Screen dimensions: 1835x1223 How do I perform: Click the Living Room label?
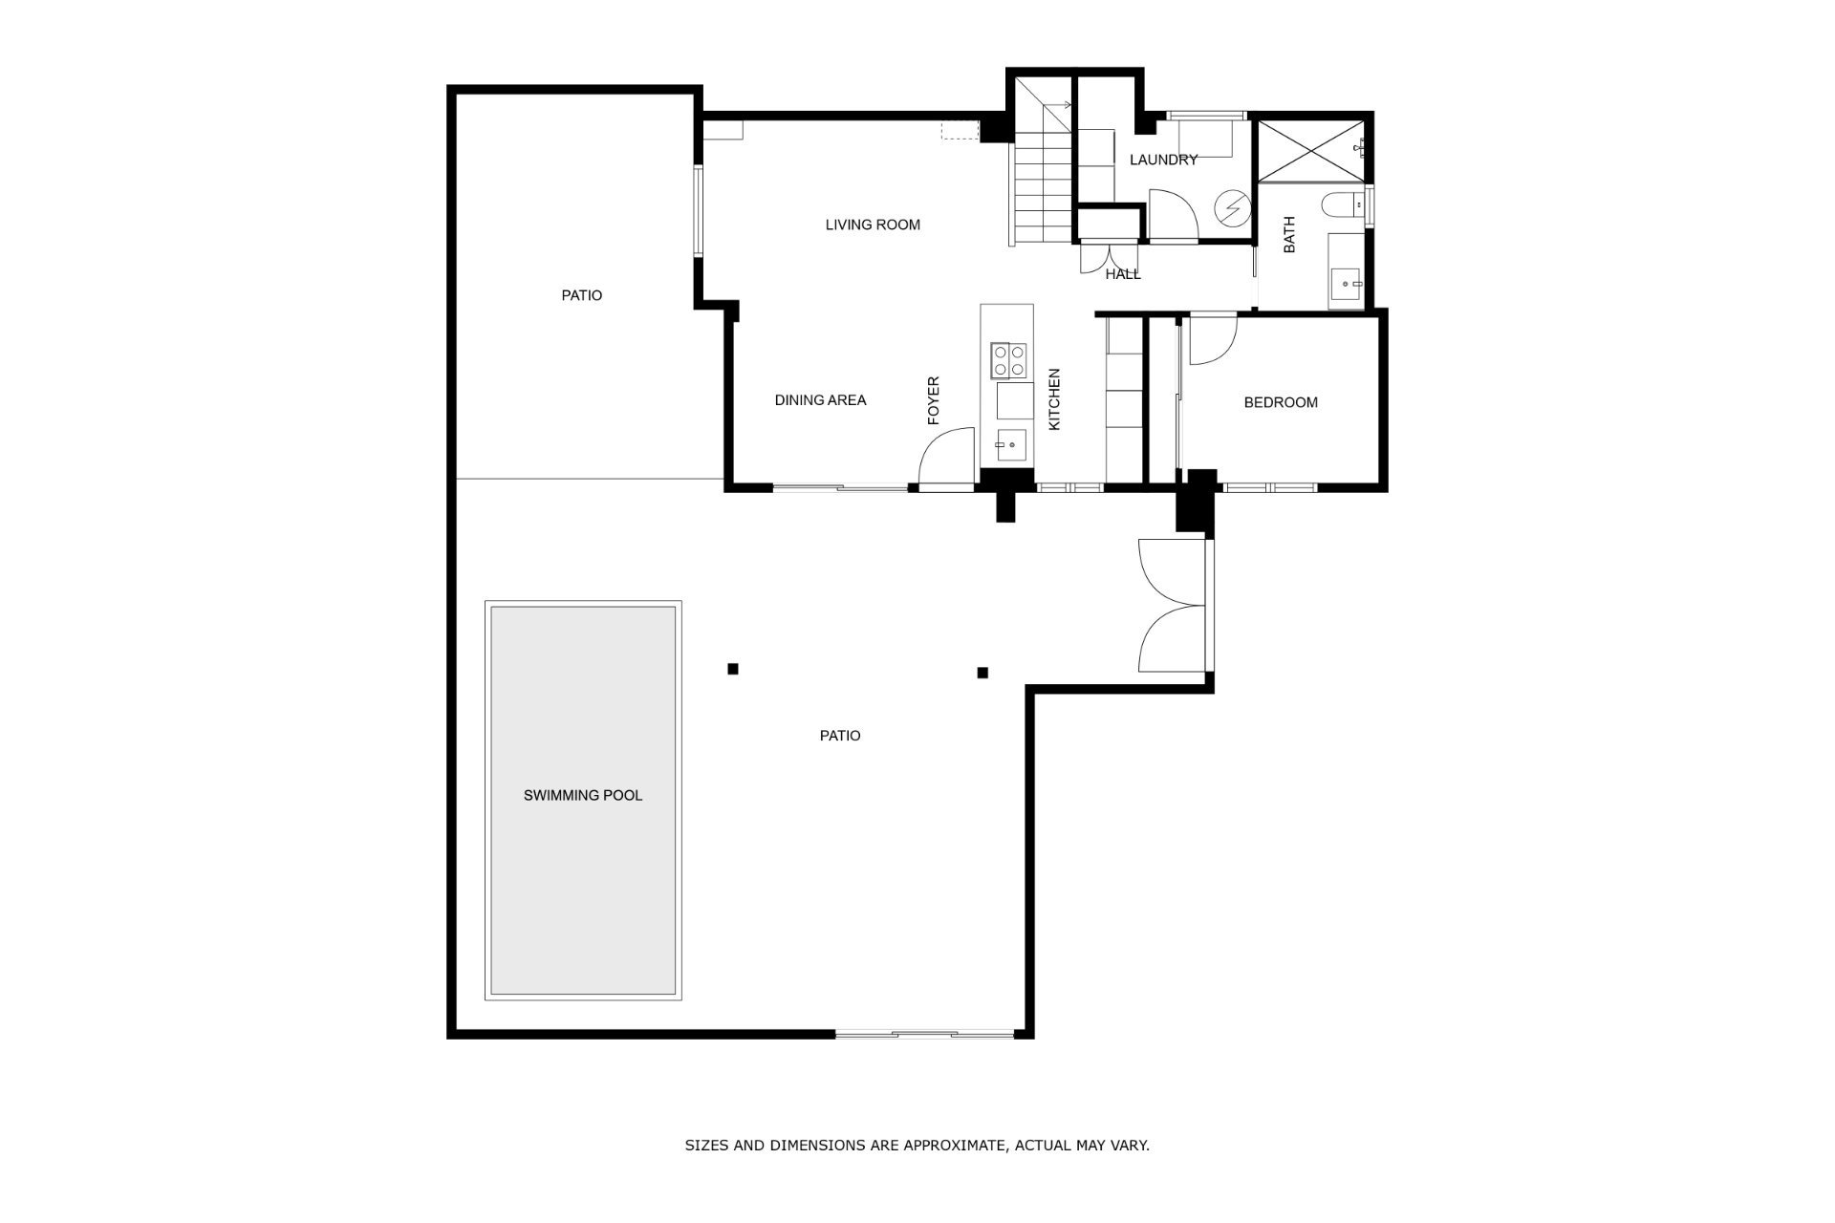coord(873,225)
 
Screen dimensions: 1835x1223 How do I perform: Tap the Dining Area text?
coord(820,400)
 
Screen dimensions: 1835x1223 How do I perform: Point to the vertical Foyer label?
coord(934,400)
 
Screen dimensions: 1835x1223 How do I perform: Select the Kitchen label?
coord(1055,399)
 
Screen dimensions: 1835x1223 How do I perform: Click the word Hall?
coord(1123,274)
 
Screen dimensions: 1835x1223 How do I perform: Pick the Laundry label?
coord(1163,160)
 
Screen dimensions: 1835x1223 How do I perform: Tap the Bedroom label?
coord(1281,402)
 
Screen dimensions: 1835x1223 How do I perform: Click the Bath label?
coord(1289,235)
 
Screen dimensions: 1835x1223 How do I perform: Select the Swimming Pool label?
coord(583,795)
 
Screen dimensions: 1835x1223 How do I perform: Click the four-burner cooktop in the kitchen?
coord(1009,360)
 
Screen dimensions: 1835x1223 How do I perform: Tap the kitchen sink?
coord(1010,444)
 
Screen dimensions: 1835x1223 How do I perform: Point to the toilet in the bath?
coord(1345,204)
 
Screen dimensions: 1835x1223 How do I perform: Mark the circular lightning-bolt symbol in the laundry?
coord(1231,207)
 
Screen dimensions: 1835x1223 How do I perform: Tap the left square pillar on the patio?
coord(733,669)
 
